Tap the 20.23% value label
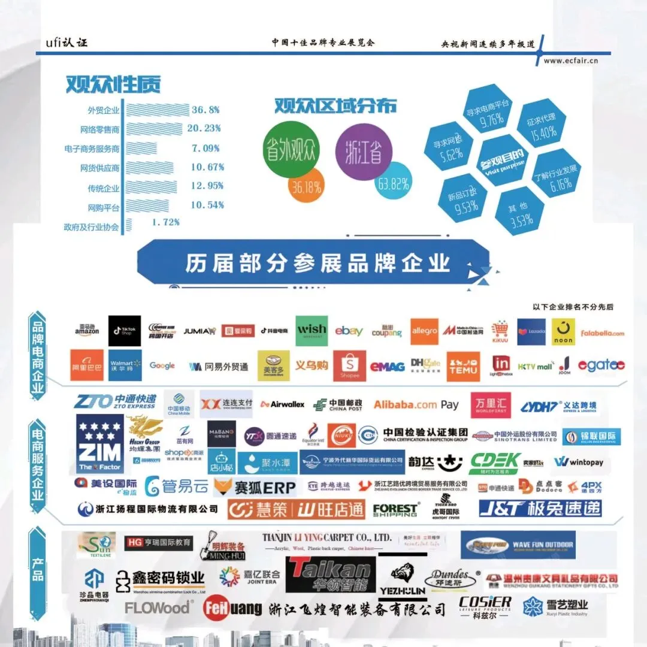click(204, 128)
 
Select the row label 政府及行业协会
click(91, 227)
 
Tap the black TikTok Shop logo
click(125, 331)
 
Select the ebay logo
click(349, 331)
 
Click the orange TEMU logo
click(463, 366)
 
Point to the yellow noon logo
click(563, 331)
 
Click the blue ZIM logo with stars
click(100, 444)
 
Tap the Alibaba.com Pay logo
click(416, 405)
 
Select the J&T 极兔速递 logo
click(540, 509)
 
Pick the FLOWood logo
click(158, 607)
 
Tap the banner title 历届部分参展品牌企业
click(317, 264)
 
